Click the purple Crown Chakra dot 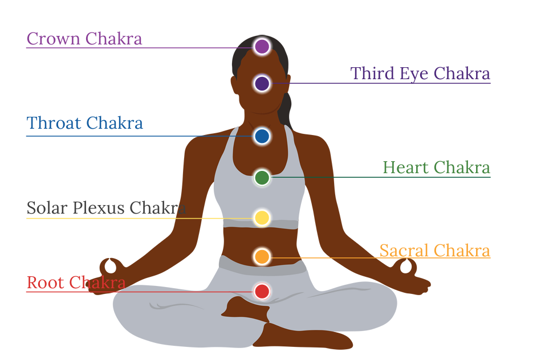pyautogui.click(x=262, y=47)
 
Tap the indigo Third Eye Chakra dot pyautogui.click(x=262, y=84)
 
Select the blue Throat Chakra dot pyautogui.click(x=262, y=136)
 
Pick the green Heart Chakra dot pyautogui.click(x=262, y=177)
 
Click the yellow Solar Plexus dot pyautogui.click(x=262, y=218)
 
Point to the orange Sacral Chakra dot pyautogui.click(x=262, y=257)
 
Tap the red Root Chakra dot pyautogui.click(x=262, y=292)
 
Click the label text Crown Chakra pyautogui.click(x=84, y=39)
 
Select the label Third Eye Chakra pyautogui.click(x=420, y=73)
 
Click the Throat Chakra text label pyautogui.click(x=84, y=123)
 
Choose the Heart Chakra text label pyautogui.click(x=436, y=168)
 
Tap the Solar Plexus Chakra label pyautogui.click(x=107, y=208)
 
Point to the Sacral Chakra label pyautogui.click(x=434, y=251)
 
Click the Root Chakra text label pyautogui.click(x=76, y=283)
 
